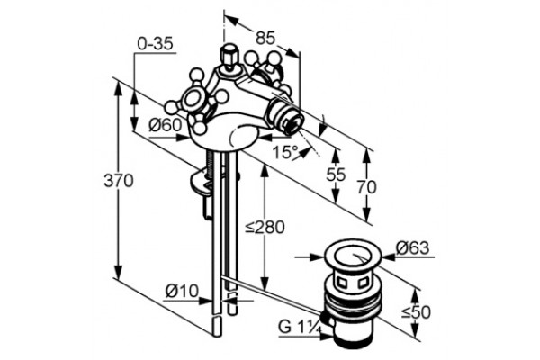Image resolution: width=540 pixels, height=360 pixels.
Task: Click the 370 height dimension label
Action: click(x=119, y=181)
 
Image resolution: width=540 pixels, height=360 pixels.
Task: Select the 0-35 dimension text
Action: click(x=155, y=44)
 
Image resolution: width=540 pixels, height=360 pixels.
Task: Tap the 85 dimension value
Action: click(x=265, y=38)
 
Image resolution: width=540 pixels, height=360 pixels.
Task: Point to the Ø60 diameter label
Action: click(x=165, y=125)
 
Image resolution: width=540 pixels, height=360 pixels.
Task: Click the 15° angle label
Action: click(x=285, y=152)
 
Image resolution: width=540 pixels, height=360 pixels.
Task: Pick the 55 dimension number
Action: click(x=336, y=175)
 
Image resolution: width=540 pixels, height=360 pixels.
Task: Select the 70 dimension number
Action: click(x=366, y=187)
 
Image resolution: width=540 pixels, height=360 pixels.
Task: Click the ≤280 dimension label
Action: click(x=265, y=228)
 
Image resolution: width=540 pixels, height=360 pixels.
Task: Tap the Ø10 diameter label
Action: click(x=182, y=291)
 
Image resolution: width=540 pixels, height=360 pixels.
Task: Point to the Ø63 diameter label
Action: click(x=412, y=247)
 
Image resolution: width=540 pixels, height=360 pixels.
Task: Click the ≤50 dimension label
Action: click(x=416, y=312)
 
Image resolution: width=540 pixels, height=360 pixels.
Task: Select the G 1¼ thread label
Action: click(x=300, y=327)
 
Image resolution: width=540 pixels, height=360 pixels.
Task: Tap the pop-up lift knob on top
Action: click(x=228, y=55)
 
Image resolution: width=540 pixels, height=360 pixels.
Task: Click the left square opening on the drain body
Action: click(x=343, y=283)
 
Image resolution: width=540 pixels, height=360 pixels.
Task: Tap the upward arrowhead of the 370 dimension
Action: click(x=119, y=86)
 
